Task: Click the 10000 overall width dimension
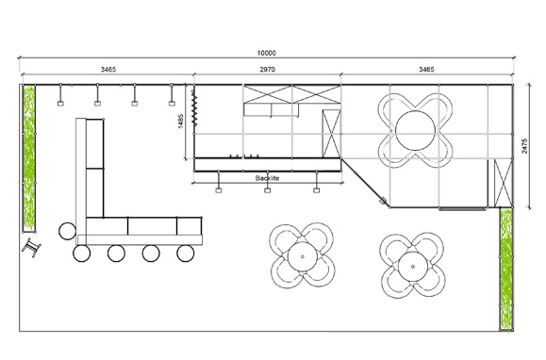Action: click(267, 53)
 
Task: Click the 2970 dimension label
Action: click(267, 70)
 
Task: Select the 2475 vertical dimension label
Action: click(524, 146)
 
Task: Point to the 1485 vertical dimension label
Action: click(181, 121)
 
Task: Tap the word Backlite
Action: click(267, 178)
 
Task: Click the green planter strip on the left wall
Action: click(29, 158)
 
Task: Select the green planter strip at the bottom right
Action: click(506, 269)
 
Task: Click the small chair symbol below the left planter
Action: click(31, 247)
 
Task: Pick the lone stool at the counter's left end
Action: click(67, 231)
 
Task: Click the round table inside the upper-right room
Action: click(415, 131)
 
